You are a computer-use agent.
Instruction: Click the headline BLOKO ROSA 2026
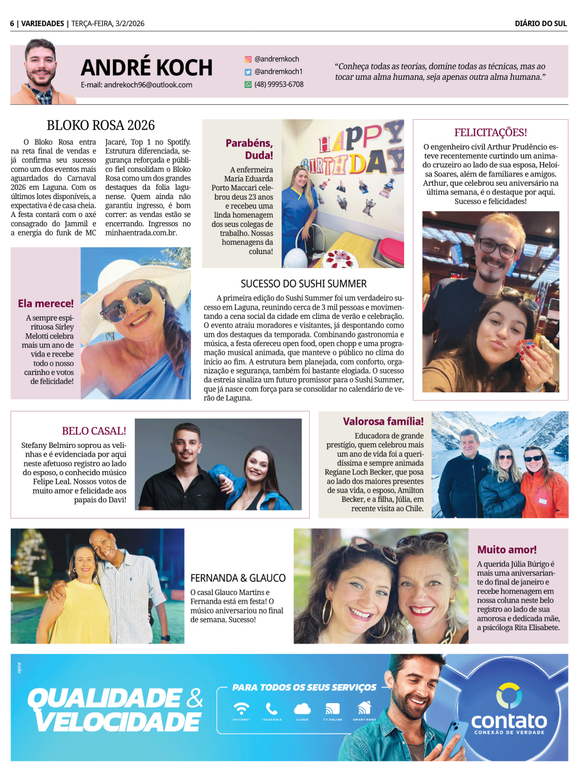pyautogui.click(x=101, y=126)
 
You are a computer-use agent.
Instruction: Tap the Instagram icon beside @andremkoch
pyautogui.click(x=248, y=59)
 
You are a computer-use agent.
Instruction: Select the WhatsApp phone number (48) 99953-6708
pyautogui.click(x=278, y=84)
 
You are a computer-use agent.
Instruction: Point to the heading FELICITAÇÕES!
pyautogui.click(x=490, y=133)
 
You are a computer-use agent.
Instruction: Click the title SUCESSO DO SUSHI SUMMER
pyautogui.click(x=303, y=284)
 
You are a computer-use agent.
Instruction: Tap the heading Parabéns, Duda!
pyautogui.click(x=250, y=149)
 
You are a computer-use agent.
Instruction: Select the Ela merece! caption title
pyautogui.click(x=46, y=303)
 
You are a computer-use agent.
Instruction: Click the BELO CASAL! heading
pyautogui.click(x=94, y=431)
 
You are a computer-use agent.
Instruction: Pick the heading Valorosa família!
pyautogui.click(x=383, y=421)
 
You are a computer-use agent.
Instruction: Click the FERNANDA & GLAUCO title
pyautogui.click(x=238, y=578)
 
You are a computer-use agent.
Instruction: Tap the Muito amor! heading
pyautogui.click(x=507, y=550)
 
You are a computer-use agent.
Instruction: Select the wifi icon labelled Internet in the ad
pyautogui.click(x=241, y=709)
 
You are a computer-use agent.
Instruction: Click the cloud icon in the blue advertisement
pyautogui.click(x=302, y=709)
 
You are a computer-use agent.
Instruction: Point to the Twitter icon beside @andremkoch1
pyautogui.click(x=248, y=72)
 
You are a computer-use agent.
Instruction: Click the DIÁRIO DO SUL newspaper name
pyautogui.click(x=540, y=24)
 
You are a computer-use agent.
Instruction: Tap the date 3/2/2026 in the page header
pyautogui.click(x=130, y=24)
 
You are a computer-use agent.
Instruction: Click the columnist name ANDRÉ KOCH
pyautogui.click(x=146, y=68)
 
